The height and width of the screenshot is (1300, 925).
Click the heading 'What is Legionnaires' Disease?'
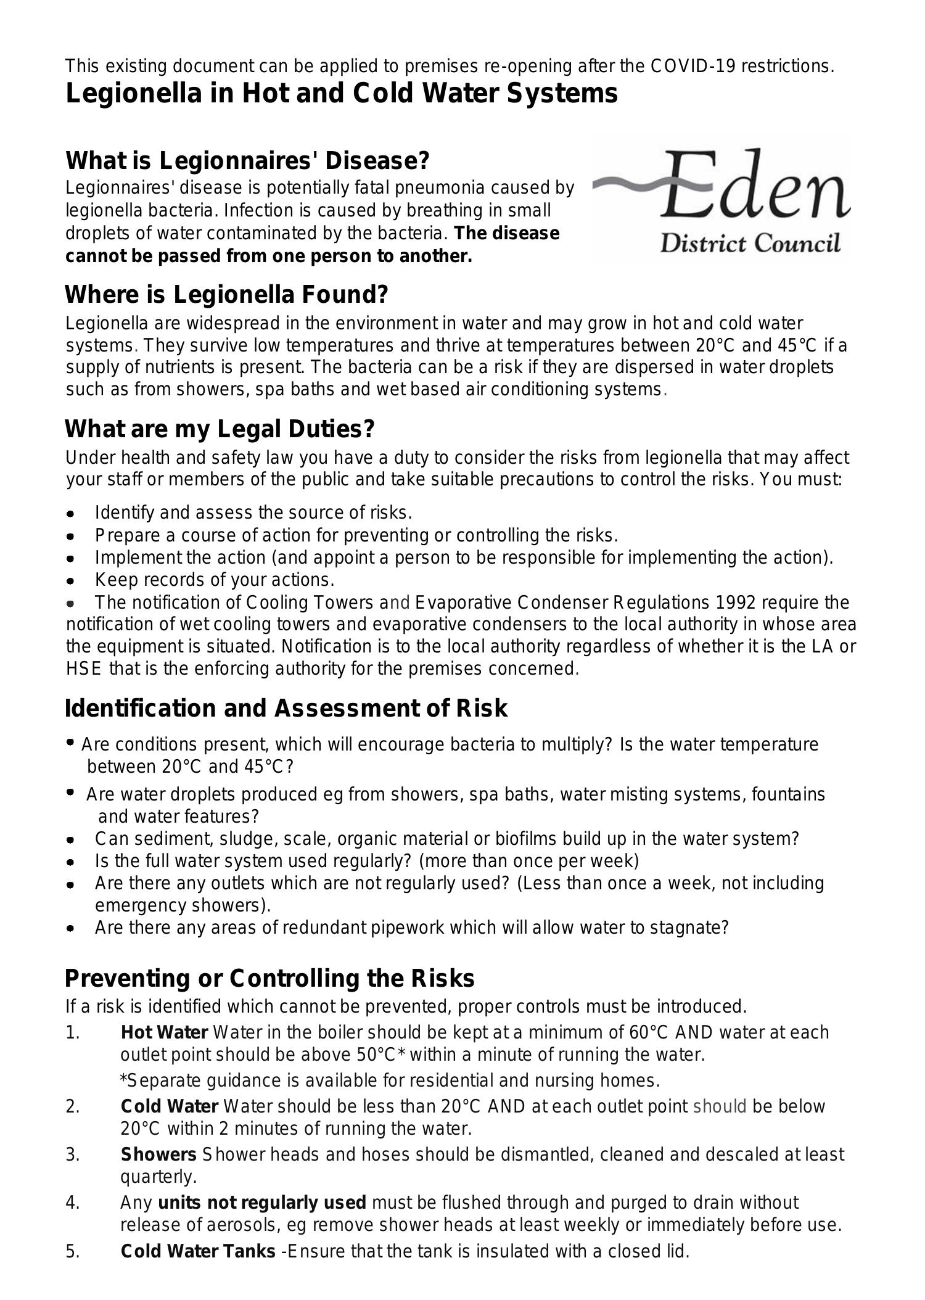pyautogui.click(x=247, y=161)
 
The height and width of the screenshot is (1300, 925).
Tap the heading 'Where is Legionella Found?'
pyautogui.click(x=226, y=295)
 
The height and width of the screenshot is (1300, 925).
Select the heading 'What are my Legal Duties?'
pyautogui.click(x=220, y=429)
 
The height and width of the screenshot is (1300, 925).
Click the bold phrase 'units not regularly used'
pyautogui.click(x=262, y=1203)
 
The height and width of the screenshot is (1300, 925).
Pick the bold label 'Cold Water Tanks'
pyautogui.click(x=198, y=1251)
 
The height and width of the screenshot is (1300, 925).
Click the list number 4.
pyautogui.click(x=73, y=1203)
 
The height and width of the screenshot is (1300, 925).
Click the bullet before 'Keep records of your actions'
pyautogui.click(x=71, y=581)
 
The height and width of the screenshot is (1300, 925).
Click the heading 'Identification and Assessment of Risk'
pyautogui.click(x=286, y=709)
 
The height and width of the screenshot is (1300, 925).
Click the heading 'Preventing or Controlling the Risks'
pyautogui.click(x=269, y=979)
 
